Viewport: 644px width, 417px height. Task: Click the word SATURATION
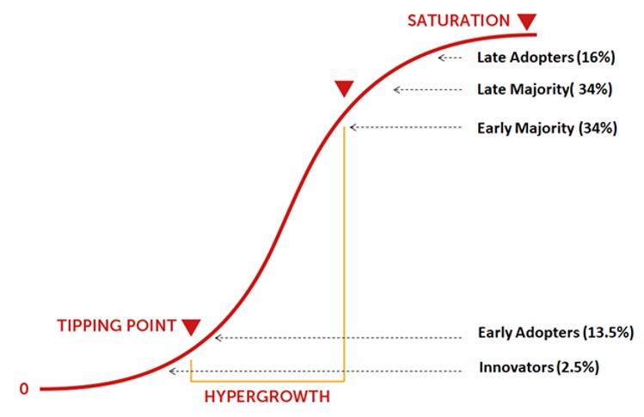pyautogui.click(x=458, y=21)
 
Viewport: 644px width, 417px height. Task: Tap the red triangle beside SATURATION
pyautogui.click(x=526, y=21)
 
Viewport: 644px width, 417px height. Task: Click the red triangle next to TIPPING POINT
pyautogui.click(x=191, y=328)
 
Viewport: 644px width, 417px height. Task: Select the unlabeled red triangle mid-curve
pyautogui.click(x=344, y=89)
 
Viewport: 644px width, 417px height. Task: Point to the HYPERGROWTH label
pyautogui.click(x=267, y=397)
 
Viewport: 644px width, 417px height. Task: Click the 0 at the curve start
pyautogui.click(x=24, y=389)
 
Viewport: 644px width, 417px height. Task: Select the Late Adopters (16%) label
pyautogui.click(x=546, y=58)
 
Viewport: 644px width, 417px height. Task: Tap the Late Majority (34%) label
pyautogui.click(x=544, y=89)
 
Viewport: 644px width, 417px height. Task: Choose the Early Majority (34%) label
pyautogui.click(x=547, y=128)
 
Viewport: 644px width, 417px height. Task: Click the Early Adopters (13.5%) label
pyautogui.click(x=555, y=333)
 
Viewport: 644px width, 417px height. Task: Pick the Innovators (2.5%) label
pyautogui.click(x=539, y=367)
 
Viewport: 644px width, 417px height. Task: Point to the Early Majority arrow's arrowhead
pyautogui.click(x=352, y=127)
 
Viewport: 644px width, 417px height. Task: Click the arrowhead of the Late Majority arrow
pyautogui.click(x=396, y=89)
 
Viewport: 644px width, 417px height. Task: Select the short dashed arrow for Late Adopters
pyautogui.click(x=451, y=58)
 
